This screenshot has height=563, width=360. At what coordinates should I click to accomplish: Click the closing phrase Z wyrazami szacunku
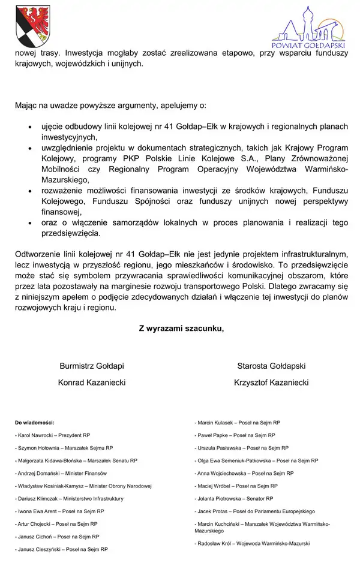point(181,328)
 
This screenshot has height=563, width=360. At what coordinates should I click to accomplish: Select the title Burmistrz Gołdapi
point(92,366)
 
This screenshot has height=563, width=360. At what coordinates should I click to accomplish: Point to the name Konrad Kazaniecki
point(92,383)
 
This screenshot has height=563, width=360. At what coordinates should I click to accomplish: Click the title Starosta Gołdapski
point(271,366)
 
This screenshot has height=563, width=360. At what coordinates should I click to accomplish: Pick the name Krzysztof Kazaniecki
point(271,383)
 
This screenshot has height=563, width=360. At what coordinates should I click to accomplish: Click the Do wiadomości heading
point(35,423)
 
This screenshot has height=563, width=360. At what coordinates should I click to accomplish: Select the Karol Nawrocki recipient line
point(53,435)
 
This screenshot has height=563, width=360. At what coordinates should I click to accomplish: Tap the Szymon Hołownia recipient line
point(64,448)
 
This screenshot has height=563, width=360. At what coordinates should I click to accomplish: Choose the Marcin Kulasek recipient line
point(235,423)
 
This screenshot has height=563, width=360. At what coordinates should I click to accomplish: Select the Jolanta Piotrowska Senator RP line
point(234,499)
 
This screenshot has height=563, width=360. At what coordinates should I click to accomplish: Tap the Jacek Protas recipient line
point(255,511)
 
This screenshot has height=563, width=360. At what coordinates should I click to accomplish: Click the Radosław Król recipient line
point(253,543)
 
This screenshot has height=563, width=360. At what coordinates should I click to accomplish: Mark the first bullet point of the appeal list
point(31,128)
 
